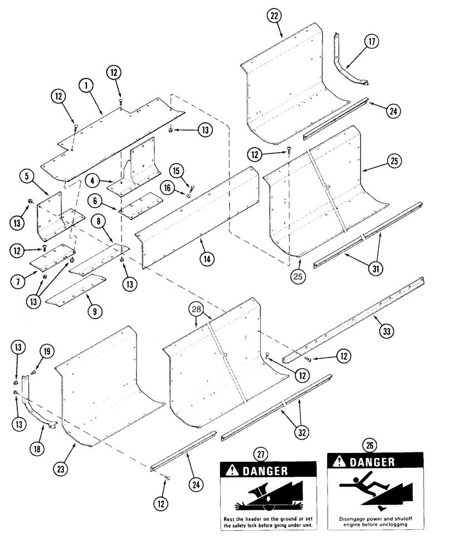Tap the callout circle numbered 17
coord(371,41)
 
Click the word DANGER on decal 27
coord(265,471)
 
